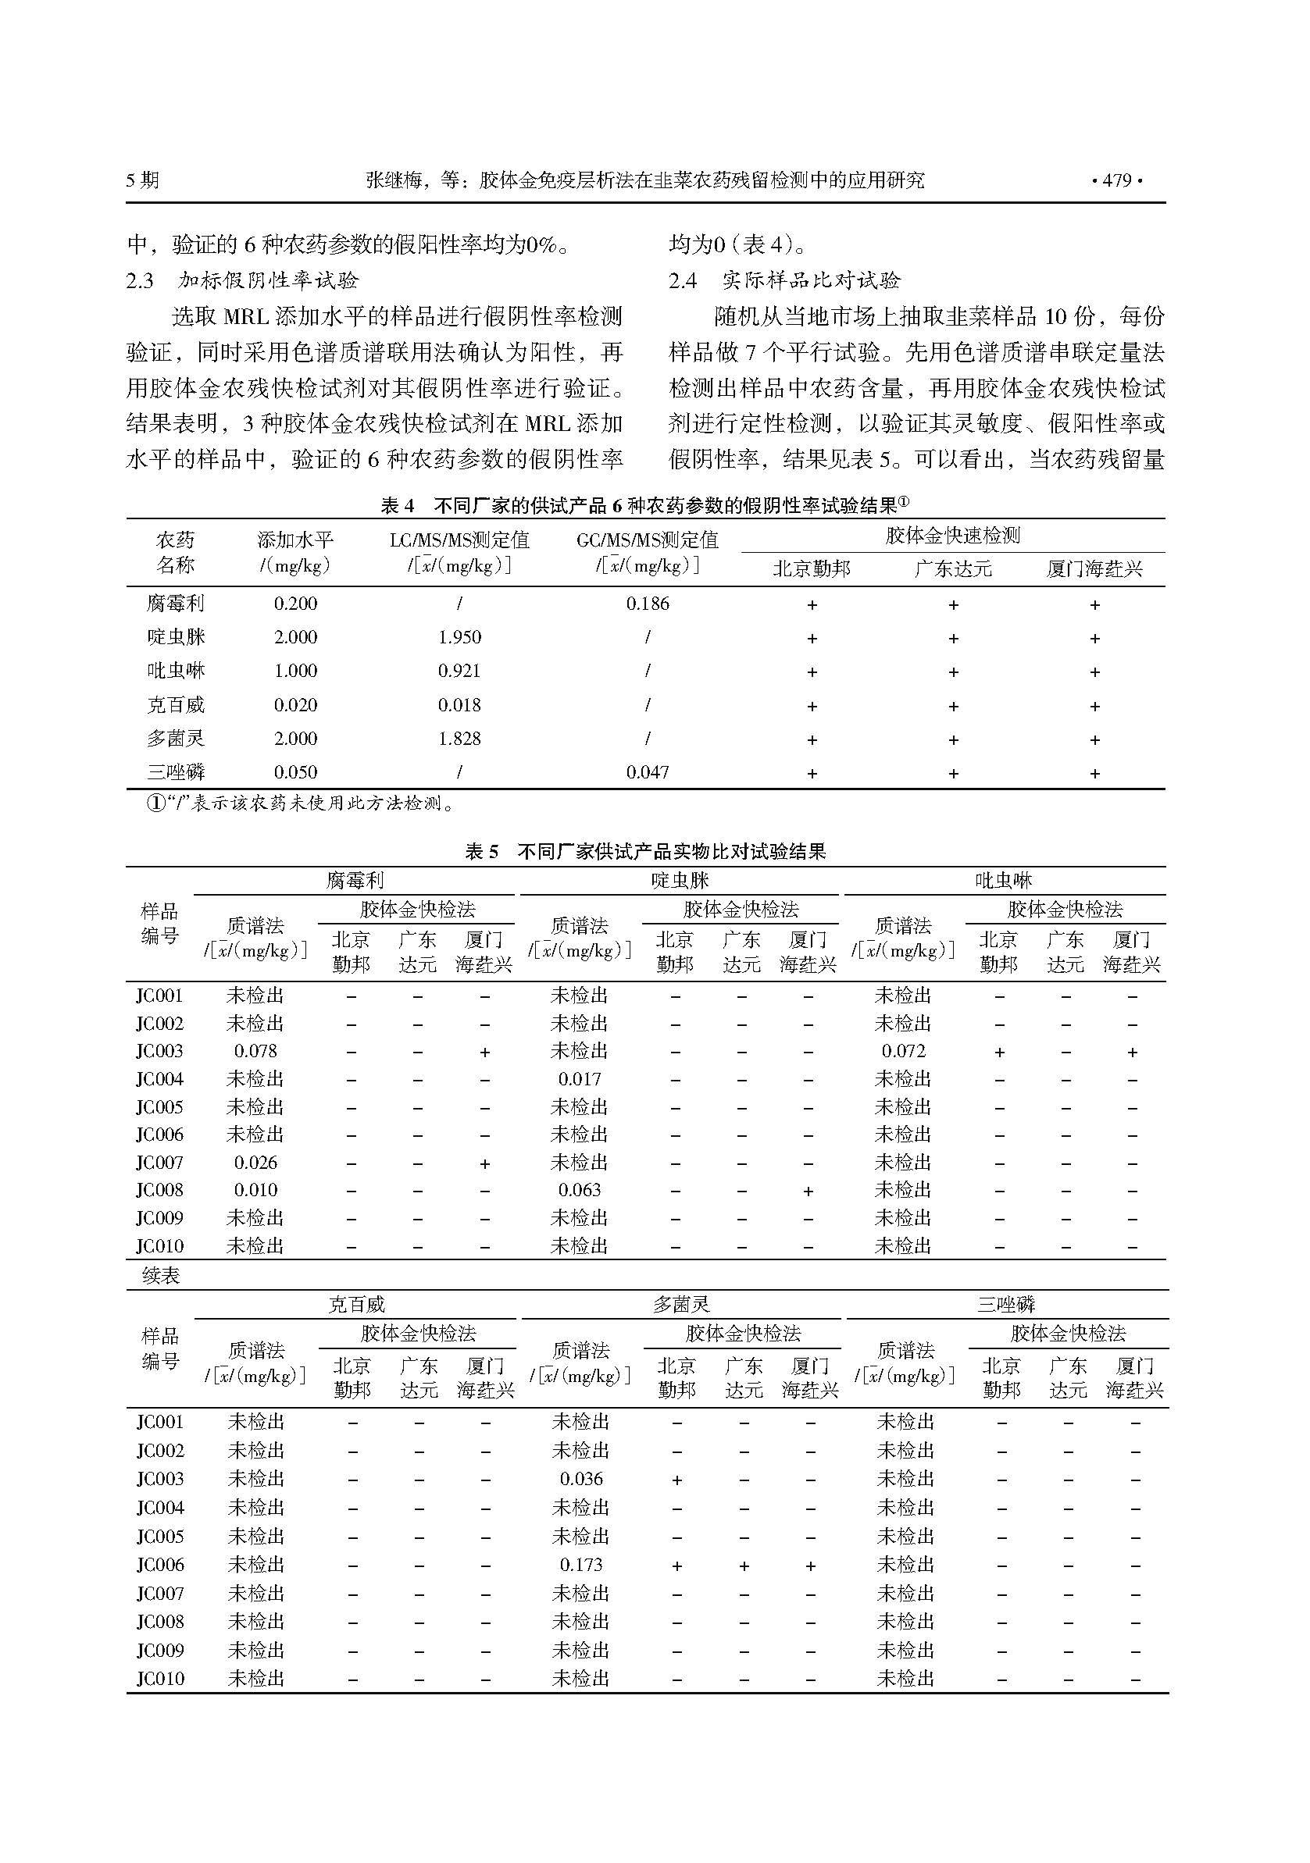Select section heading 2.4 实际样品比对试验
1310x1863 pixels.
point(784,281)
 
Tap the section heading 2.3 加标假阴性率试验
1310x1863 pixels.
point(242,281)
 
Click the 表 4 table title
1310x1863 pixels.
point(644,506)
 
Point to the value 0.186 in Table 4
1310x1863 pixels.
point(648,604)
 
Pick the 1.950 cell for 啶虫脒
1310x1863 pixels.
point(459,638)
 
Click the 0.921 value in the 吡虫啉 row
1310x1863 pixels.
point(459,671)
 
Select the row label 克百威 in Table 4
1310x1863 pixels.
point(175,705)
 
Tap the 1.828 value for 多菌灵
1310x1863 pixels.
point(459,739)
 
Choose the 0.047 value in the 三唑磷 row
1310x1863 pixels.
point(648,772)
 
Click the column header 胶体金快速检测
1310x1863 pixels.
point(952,536)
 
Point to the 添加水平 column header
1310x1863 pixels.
point(295,540)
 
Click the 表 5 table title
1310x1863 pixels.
point(644,851)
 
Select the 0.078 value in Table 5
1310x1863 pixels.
point(255,1052)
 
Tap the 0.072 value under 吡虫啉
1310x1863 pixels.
point(903,1052)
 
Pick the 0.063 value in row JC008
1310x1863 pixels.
point(580,1191)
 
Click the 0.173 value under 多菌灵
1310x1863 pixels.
point(581,1565)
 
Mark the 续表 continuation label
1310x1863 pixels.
point(161,1277)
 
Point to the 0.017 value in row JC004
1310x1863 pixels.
point(580,1079)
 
